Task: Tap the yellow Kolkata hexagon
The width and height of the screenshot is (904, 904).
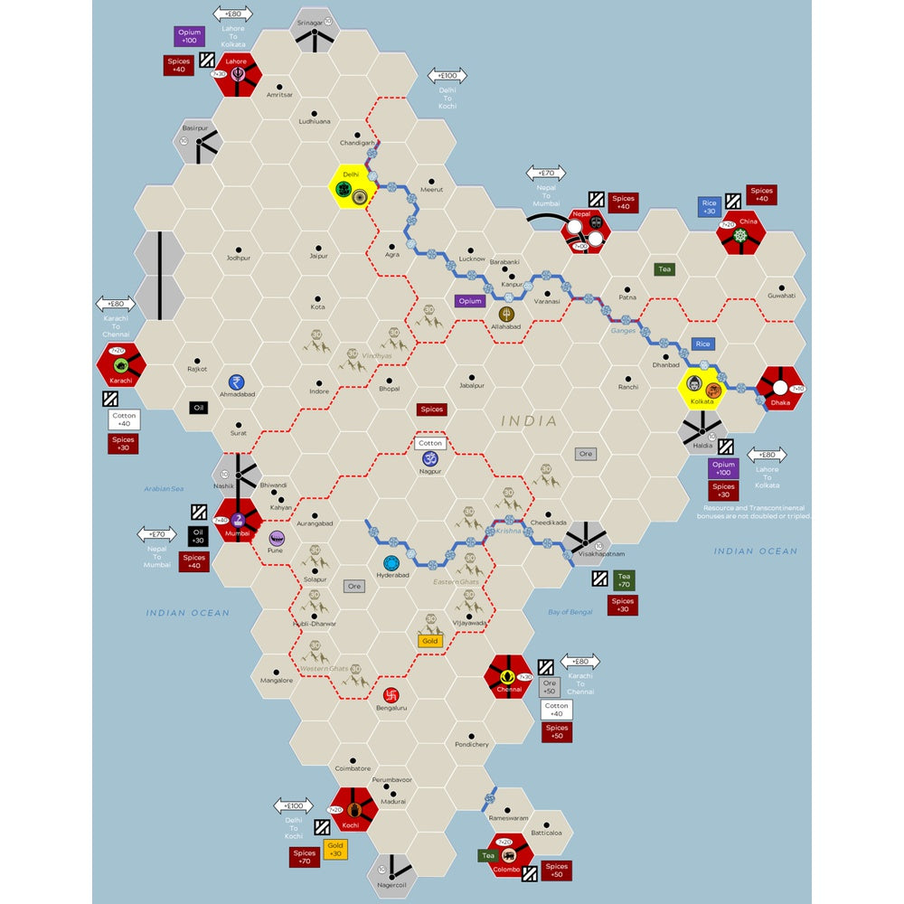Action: coord(702,388)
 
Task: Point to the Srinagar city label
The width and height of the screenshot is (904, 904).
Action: coord(310,22)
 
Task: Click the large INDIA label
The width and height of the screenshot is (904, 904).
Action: coord(530,421)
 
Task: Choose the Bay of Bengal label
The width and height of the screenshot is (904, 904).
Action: coord(570,612)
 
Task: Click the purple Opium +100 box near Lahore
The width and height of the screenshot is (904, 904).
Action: coord(191,37)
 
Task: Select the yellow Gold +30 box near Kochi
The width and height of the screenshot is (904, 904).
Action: coord(335,849)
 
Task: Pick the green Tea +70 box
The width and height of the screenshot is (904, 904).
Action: coord(624,579)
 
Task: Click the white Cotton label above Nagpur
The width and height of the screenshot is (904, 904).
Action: coord(430,443)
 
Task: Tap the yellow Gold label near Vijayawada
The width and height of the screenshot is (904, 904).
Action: coord(429,641)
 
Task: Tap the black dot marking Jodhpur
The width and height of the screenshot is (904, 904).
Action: coord(239,249)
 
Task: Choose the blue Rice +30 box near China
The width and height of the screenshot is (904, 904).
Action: coord(709,207)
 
